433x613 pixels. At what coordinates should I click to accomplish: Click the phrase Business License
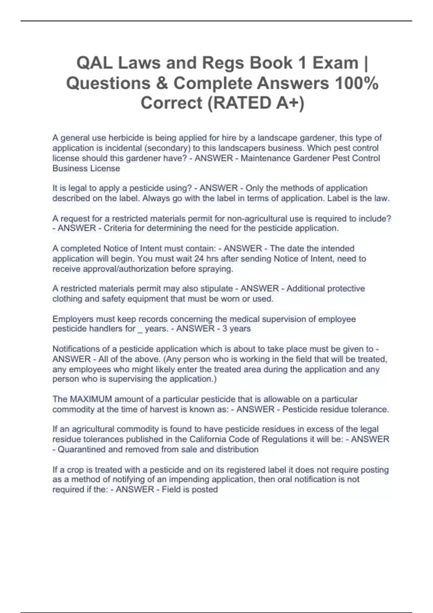[86, 168]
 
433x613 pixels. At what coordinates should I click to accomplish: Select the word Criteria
[118, 228]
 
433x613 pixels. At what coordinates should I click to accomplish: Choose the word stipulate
[216, 288]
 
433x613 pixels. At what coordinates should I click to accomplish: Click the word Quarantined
[80, 449]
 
